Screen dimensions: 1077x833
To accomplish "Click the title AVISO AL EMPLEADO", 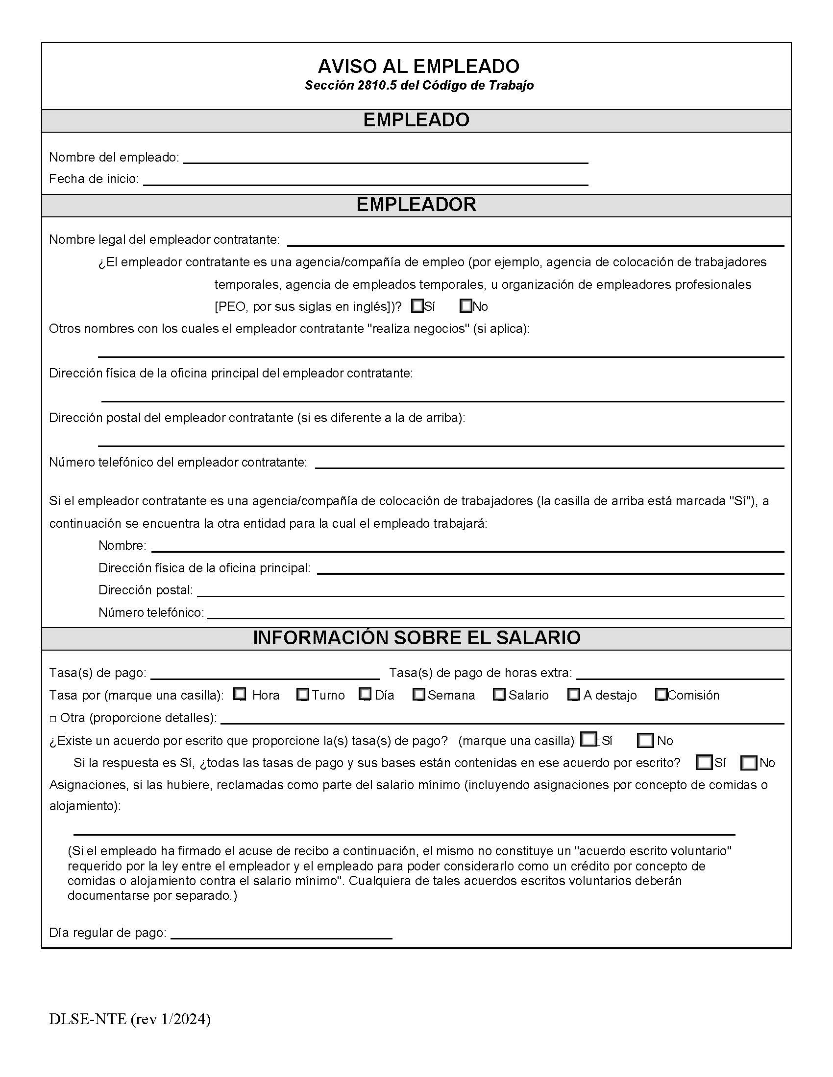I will (418, 66).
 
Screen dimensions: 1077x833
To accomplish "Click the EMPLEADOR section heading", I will (416, 205).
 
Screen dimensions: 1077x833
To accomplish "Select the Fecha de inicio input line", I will (365, 180).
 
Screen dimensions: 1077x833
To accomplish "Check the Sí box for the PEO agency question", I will (417, 306).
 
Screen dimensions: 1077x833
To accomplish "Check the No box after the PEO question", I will (465, 306).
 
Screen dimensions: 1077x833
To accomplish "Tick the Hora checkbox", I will (240, 694).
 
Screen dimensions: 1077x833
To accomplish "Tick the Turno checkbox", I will (303, 694).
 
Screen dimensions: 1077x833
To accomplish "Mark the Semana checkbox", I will (419, 694).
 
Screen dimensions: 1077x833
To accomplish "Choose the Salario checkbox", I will (499, 694).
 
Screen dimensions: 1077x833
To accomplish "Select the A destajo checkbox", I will (573, 694).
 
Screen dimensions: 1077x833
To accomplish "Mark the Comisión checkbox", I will (661, 694).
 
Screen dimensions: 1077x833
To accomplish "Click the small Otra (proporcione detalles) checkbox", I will (53, 719).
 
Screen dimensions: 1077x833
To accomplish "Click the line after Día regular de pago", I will (281, 933).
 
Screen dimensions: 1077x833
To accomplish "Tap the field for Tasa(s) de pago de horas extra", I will (680, 674).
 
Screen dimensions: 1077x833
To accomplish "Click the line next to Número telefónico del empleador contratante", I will (549, 463).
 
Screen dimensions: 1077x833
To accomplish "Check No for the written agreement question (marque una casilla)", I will (645, 741).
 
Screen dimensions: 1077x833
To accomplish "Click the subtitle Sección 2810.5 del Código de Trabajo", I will (419, 85).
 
